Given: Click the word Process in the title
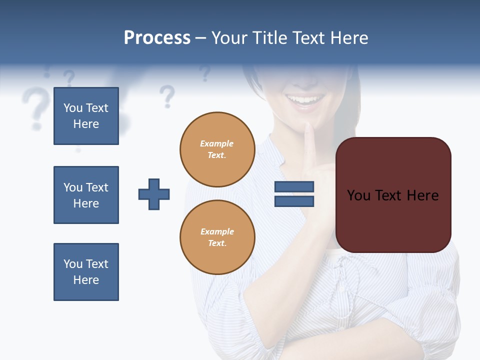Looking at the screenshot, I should coord(157,38).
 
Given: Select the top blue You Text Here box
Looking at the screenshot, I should coord(86,116).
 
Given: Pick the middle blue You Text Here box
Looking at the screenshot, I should coord(86,195).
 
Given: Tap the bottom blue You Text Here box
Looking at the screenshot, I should coord(86,272).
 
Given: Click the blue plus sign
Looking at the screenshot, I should coord(154,194).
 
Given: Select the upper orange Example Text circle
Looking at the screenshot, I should coord(217,149).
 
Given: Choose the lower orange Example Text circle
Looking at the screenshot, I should coord(217,237).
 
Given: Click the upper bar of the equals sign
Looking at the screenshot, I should coord(294,187).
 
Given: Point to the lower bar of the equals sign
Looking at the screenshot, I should coord(294,201).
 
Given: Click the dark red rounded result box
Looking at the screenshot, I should coord(393,195).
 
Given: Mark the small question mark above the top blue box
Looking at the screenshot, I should coord(69,78).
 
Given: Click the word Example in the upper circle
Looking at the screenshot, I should coord(217,143).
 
